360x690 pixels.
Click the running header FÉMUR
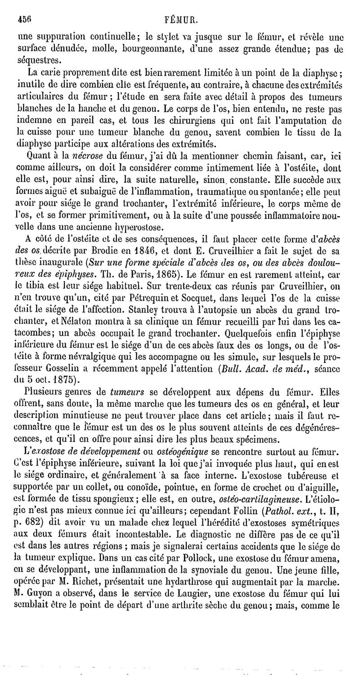pyautogui.click(x=182, y=19)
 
